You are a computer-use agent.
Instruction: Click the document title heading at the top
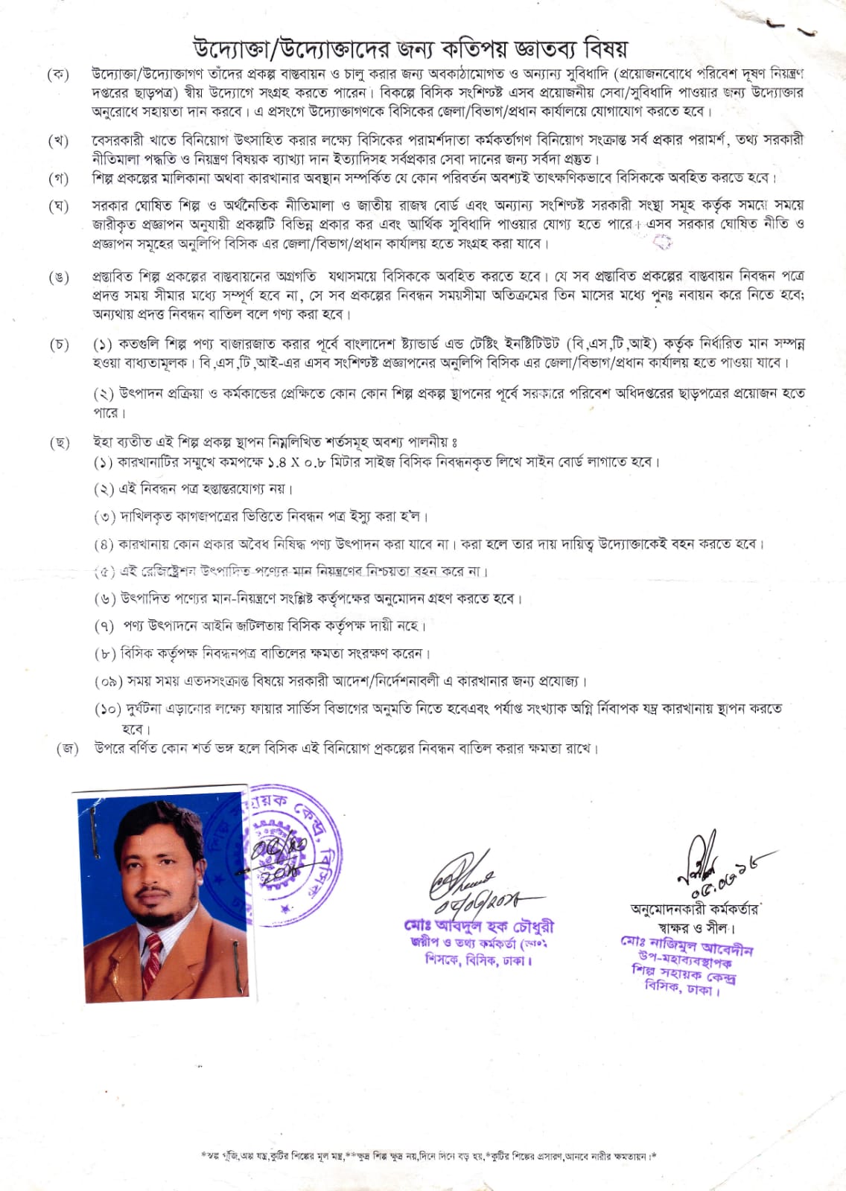410,48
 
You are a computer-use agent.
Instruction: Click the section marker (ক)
58,74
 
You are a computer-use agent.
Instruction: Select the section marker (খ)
58,141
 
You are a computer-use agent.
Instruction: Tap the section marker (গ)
58,179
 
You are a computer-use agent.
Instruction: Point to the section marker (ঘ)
58,206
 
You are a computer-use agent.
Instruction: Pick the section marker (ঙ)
58,278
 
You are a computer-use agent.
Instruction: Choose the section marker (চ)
59,345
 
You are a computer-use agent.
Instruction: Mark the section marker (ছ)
59,443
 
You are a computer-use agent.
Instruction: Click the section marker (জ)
68,749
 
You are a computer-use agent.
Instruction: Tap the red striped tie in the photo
153,957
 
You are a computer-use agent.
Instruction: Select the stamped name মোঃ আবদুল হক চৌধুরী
479,927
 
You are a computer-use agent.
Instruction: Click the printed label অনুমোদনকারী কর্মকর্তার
694,909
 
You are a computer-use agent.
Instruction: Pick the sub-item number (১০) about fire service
108,709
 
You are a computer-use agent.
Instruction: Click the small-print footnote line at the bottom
429,1156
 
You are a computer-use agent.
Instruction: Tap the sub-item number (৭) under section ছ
104,627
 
